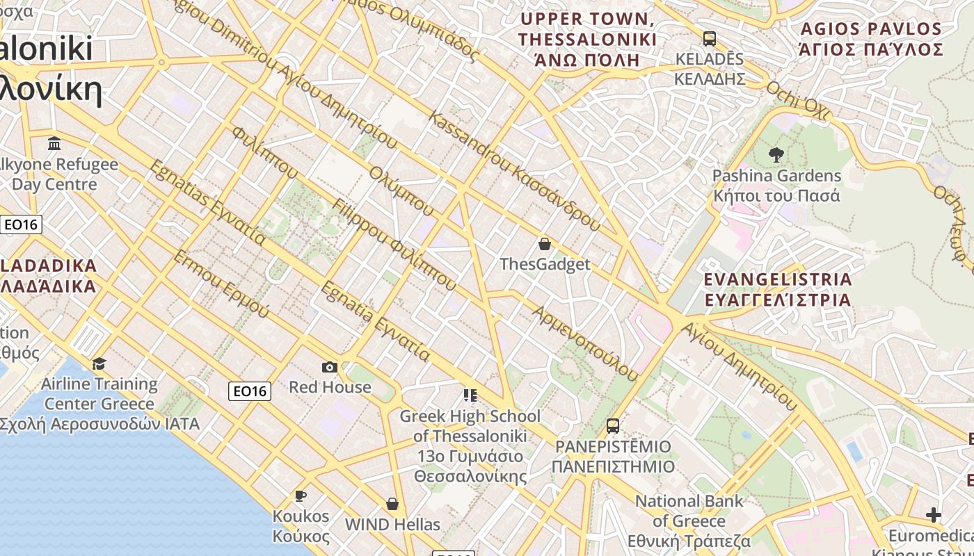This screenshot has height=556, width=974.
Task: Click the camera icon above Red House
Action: point(330,367)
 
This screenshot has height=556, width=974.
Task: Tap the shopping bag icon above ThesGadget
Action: point(545,244)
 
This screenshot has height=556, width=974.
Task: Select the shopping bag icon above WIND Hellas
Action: point(392,504)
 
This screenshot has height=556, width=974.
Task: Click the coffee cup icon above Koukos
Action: point(301,496)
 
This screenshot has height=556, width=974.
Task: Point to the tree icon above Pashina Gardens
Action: point(776,155)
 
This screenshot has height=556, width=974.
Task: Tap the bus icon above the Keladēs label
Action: point(710,39)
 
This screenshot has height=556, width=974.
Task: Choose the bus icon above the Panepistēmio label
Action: point(613,425)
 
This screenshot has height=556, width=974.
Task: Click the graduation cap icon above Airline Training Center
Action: point(99,363)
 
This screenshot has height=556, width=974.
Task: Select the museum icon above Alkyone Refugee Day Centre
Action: point(54,144)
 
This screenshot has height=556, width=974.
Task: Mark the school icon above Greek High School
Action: point(470,395)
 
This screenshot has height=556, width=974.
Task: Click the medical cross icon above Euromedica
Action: point(934,515)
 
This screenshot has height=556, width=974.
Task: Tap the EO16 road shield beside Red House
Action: point(250,391)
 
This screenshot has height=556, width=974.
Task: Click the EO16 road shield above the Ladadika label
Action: point(21,224)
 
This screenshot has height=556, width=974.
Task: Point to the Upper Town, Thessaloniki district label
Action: point(588,39)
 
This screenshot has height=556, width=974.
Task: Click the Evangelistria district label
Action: point(778,290)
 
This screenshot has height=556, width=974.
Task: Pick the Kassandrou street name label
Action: point(515,171)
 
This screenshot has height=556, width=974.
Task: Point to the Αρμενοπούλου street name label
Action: point(585,343)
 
